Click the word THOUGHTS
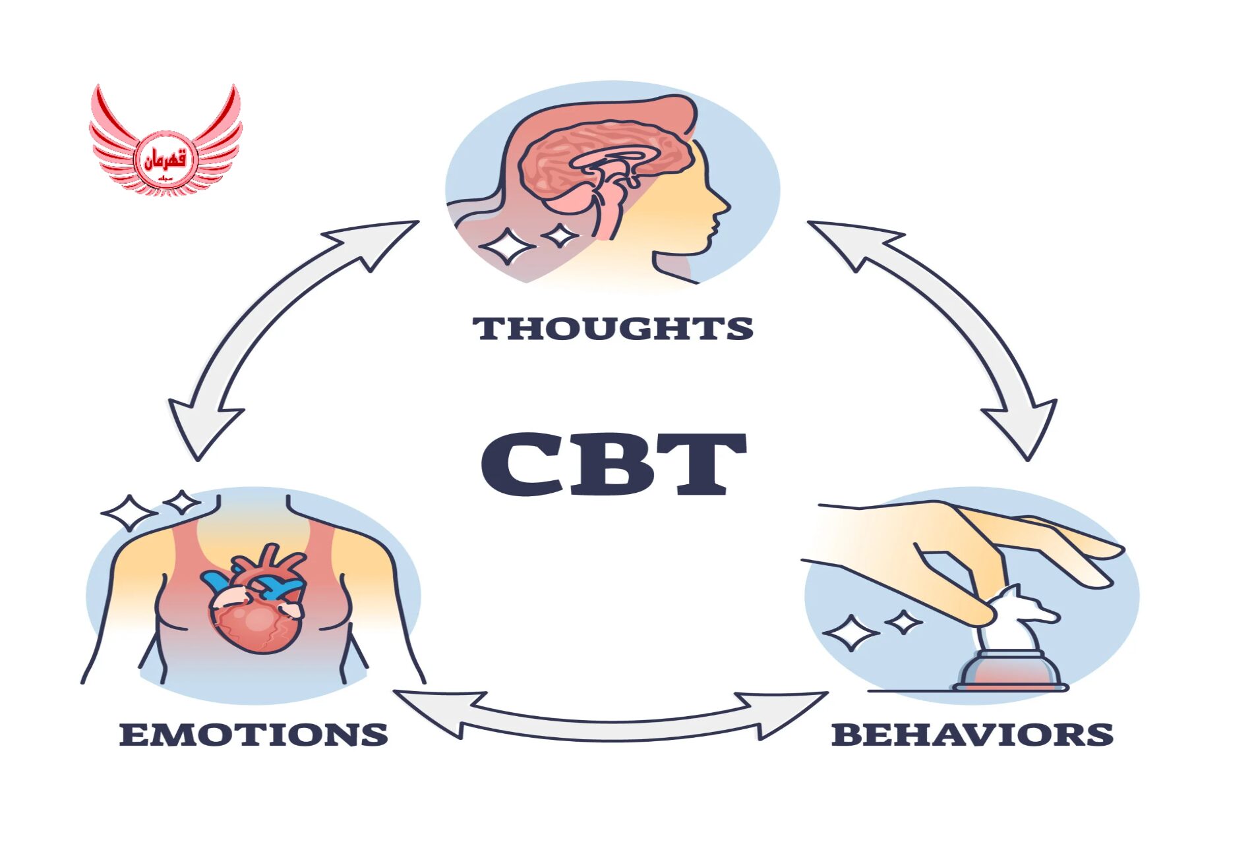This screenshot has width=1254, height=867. pyautogui.click(x=612, y=328)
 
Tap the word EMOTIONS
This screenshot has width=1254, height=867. pyautogui.click(x=254, y=735)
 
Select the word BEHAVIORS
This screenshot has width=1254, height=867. pyautogui.click(x=972, y=735)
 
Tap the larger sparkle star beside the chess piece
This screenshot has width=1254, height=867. pyautogui.click(x=851, y=632)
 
